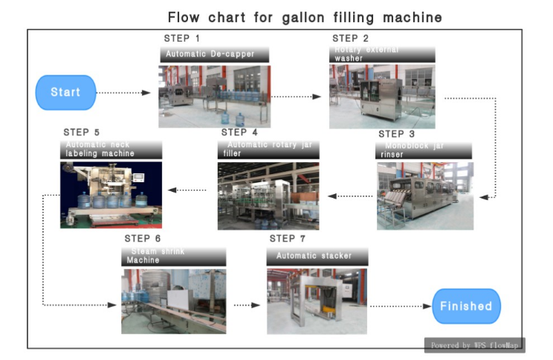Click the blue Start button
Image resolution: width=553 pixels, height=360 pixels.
coord(65,93)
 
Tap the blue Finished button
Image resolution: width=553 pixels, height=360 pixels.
coord(466,306)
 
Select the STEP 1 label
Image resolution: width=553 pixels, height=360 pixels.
coord(182,38)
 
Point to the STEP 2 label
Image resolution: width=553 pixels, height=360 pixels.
coord(350,38)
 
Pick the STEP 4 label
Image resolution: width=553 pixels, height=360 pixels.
coord(239,132)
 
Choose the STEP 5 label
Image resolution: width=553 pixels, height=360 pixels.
coord(81,132)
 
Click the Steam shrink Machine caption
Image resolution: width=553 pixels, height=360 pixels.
coord(173,257)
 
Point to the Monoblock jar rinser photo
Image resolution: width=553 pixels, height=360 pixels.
coord(424,196)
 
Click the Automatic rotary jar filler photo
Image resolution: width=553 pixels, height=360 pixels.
coord(268,196)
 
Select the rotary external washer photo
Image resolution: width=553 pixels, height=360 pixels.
coord(382,97)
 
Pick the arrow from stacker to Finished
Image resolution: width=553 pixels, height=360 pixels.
coord(400,306)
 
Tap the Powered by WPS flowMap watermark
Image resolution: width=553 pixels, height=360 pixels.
coord(474,345)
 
